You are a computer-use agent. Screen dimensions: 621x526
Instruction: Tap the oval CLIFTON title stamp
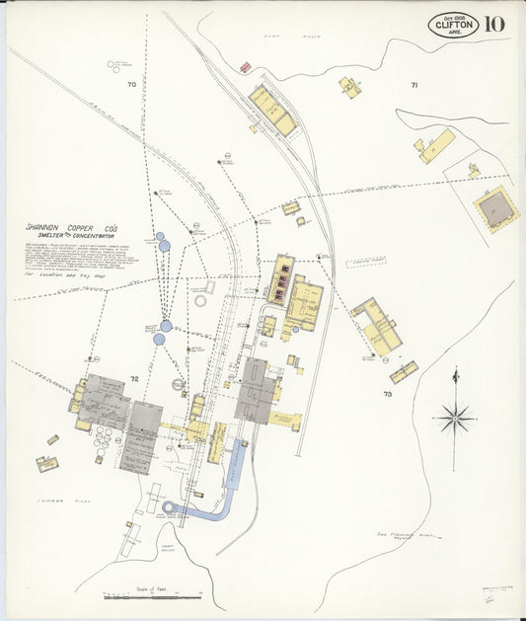(x=454, y=25)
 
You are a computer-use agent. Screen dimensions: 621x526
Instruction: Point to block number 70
(x=131, y=85)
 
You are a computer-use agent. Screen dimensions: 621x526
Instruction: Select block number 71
(x=414, y=86)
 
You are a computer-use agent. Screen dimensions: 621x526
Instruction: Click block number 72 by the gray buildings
(x=134, y=379)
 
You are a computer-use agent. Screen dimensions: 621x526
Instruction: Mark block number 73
(x=388, y=394)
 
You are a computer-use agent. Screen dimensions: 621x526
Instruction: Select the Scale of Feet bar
(x=153, y=595)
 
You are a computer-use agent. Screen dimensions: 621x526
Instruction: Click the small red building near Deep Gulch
(x=245, y=67)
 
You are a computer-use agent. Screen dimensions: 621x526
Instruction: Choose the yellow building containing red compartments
(x=281, y=279)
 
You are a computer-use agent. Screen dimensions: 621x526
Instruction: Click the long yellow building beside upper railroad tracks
(x=271, y=110)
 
